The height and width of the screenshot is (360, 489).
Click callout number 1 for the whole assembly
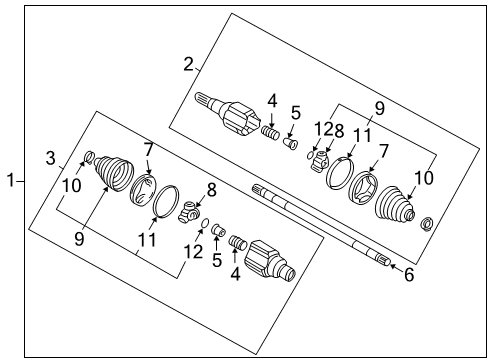(11, 180)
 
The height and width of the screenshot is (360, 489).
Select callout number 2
(188, 64)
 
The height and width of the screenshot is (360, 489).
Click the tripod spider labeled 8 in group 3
(190, 212)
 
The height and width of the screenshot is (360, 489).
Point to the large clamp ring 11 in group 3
(166, 202)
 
